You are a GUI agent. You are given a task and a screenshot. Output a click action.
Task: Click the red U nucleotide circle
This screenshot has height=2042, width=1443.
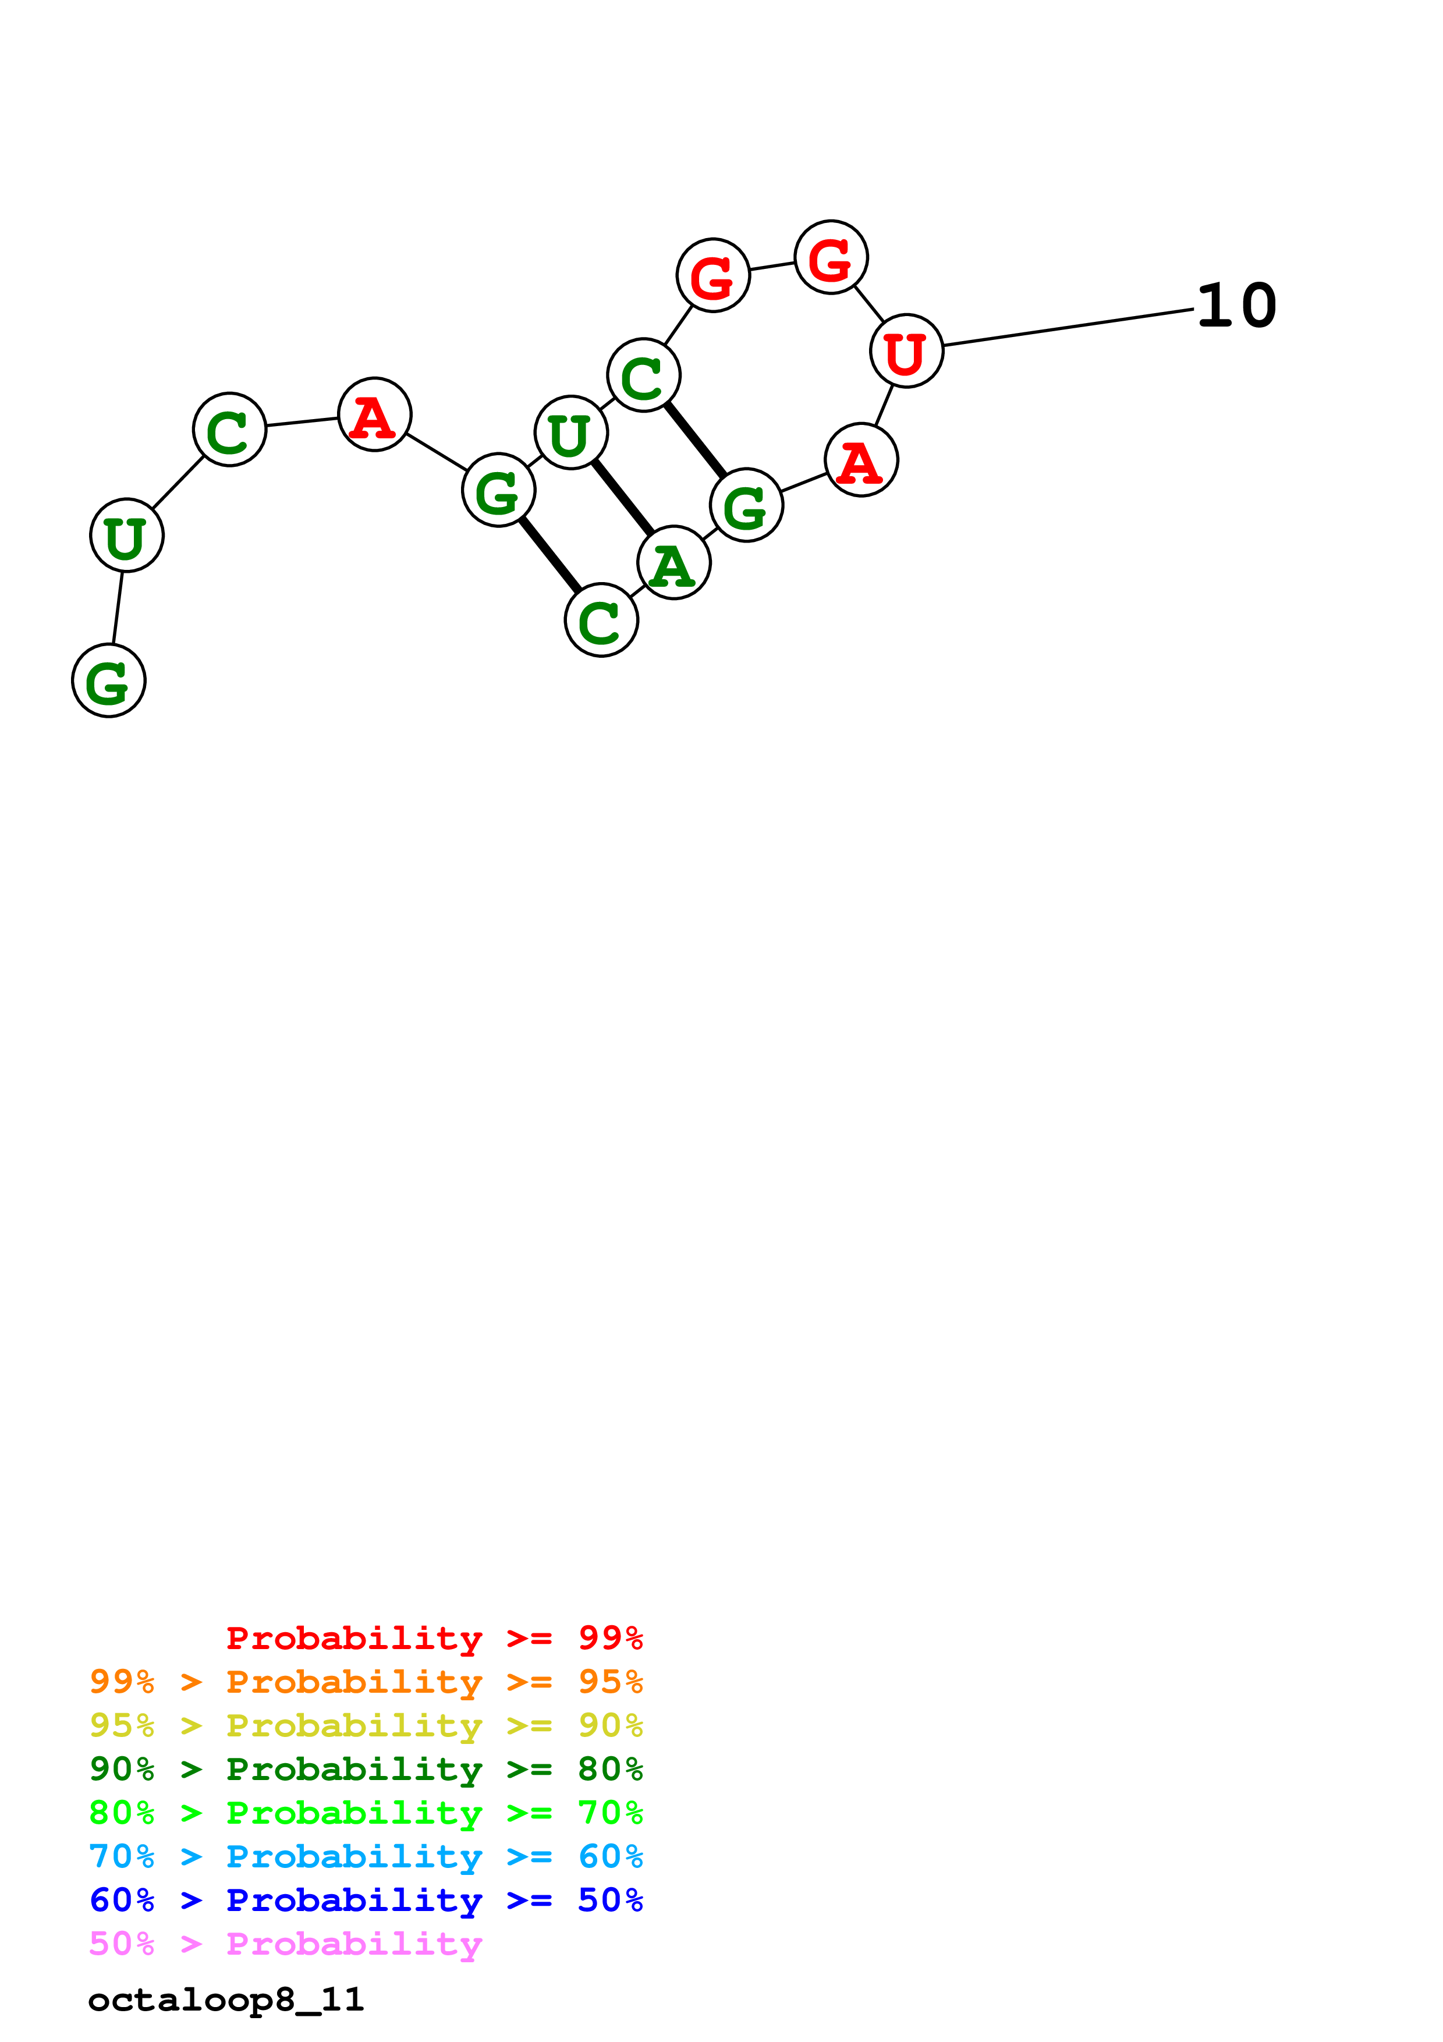click(906, 352)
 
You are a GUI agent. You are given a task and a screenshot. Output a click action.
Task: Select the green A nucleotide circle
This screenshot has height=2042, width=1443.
click(674, 563)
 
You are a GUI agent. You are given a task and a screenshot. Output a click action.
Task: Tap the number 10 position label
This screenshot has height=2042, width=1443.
click(1236, 306)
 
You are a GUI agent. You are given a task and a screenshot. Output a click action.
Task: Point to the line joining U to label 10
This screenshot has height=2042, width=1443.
click(1067, 327)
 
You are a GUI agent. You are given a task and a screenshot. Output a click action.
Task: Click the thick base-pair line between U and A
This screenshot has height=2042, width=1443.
click(622, 498)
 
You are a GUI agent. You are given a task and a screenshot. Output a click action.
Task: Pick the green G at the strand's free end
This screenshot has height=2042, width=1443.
click(108, 680)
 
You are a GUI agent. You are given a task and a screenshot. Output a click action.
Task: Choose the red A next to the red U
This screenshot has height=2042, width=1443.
click(861, 460)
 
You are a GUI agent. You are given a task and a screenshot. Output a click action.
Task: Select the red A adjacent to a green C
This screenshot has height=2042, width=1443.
click(374, 414)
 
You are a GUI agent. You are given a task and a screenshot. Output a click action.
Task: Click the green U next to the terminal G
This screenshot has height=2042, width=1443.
click(127, 536)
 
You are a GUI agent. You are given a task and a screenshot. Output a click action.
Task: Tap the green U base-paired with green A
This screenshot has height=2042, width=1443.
click(571, 433)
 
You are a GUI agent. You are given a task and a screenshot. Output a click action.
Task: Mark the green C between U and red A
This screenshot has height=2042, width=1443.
click(229, 430)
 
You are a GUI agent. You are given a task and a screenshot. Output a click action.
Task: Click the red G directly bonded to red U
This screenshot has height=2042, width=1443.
click(831, 257)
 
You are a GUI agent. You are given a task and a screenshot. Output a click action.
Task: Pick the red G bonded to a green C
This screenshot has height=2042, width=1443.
click(713, 276)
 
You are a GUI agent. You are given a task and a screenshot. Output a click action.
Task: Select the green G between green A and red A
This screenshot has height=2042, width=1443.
click(746, 505)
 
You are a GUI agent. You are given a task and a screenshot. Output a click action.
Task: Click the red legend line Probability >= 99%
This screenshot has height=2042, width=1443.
click(434, 1638)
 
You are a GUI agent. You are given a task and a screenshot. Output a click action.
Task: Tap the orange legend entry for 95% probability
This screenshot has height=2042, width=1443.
click(366, 1682)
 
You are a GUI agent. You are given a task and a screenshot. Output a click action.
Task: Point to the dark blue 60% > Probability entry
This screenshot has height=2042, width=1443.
click(366, 1900)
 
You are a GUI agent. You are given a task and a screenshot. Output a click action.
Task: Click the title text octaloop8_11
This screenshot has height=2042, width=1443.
click(226, 2000)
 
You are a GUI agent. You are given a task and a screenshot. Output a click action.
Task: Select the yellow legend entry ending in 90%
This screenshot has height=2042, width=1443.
click(366, 1725)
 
